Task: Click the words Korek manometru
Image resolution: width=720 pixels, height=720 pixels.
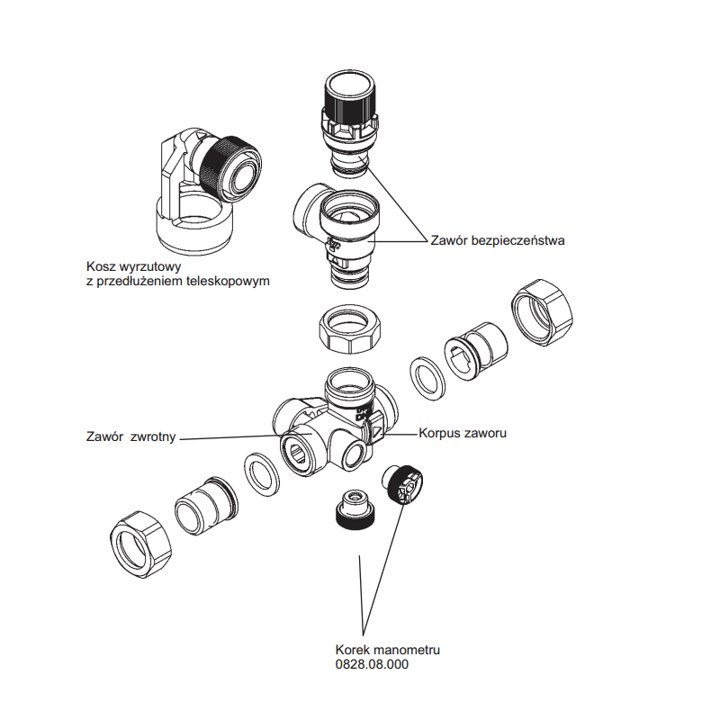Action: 387,650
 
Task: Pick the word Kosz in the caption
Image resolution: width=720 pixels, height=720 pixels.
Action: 102,267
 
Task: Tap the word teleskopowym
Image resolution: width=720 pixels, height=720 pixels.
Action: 229,281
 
